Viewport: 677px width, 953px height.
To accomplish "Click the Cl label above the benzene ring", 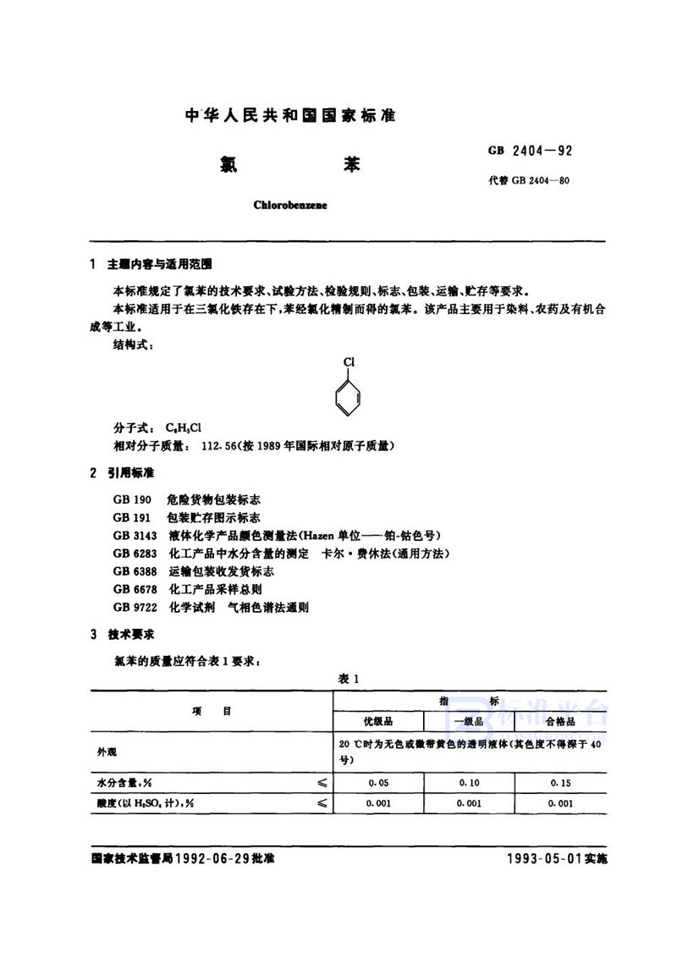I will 350,361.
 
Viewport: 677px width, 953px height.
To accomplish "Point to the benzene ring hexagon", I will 350,396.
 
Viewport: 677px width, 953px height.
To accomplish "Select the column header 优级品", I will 378,721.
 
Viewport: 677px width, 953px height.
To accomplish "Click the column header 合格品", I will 559,721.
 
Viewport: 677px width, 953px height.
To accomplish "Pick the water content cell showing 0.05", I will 378,783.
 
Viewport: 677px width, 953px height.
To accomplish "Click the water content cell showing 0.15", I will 559,783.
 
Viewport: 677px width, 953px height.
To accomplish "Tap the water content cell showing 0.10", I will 469,783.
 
